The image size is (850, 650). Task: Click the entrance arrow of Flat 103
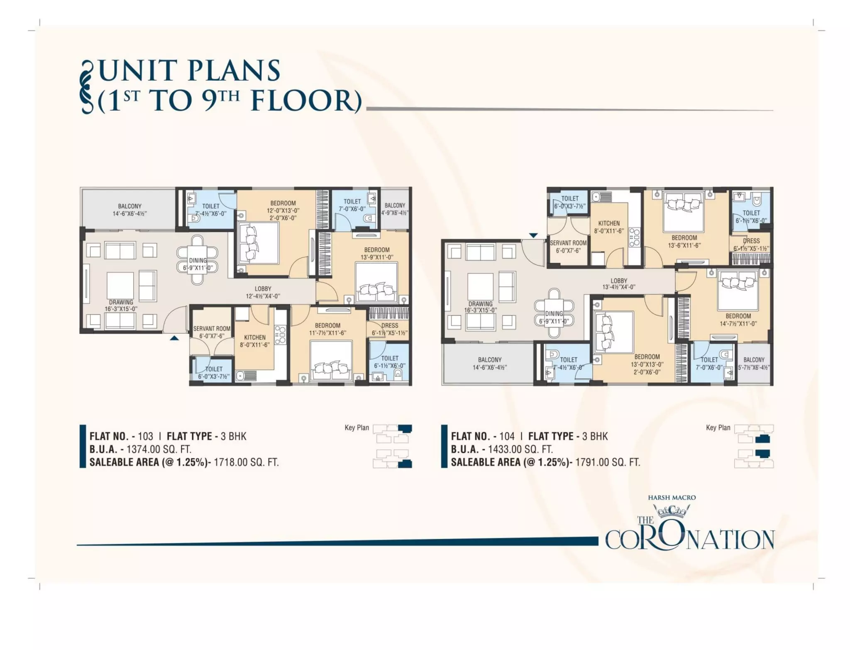(x=174, y=338)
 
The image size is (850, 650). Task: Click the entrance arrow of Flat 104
(x=533, y=235)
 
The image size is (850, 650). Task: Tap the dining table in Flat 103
(x=198, y=260)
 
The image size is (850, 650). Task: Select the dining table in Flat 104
(x=554, y=313)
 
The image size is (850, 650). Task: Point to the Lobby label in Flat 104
(x=619, y=281)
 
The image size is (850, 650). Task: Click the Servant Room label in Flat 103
(x=212, y=329)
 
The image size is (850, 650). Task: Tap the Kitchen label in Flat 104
(x=609, y=223)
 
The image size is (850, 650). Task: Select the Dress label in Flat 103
(x=390, y=325)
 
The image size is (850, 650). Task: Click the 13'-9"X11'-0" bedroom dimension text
(x=377, y=257)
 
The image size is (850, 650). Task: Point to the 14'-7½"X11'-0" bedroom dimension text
(x=738, y=324)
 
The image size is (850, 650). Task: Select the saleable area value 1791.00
(x=591, y=462)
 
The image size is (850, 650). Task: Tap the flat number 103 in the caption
(x=145, y=436)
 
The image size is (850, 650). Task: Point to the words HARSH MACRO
(x=672, y=497)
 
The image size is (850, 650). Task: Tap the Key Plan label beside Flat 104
(x=718, y=428)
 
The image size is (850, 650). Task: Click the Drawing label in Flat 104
(x=481, y=304)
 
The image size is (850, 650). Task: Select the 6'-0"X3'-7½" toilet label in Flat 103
(x=214, y=376)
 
